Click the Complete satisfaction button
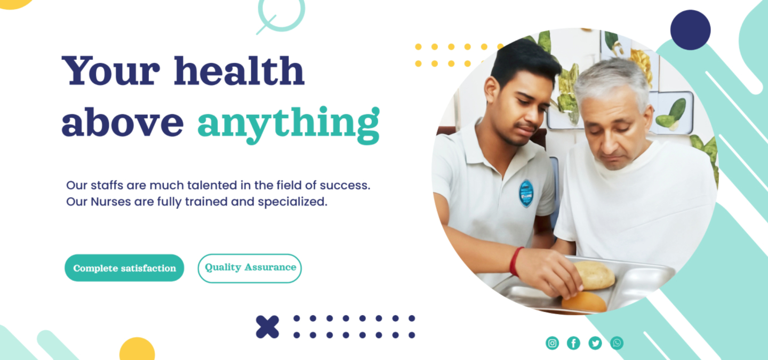pos(124,268)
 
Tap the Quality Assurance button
pos(250,268)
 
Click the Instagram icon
pos(552,343)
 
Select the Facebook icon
pos(573,343)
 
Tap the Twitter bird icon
pos(595,343)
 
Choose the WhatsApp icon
pos(617,343)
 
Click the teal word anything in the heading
pos(289,124)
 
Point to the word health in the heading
pos(239,70)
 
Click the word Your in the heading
pos(111,70)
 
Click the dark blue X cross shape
pos(267,327)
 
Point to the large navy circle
pos(691,30)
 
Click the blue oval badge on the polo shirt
pos(526,194)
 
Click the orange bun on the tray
pos(584,302)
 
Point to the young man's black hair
pos(525,62)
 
